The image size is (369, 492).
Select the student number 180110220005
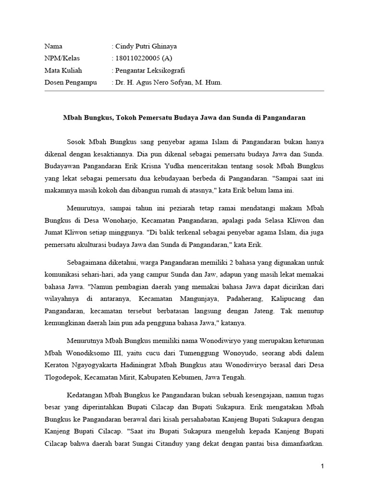click(137, 59)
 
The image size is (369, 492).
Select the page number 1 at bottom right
click(323, 467)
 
